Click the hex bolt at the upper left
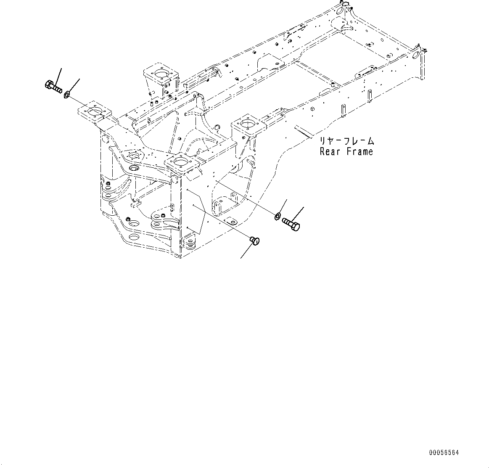coord(53,87)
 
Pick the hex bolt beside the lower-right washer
coord(291,224)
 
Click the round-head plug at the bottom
coord(255,241)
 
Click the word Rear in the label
coord(330,152)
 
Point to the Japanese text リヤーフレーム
coord(347,141)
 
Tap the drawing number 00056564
coord(444,453)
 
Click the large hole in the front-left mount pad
coord(94,111)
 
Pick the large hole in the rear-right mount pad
coord(247,123)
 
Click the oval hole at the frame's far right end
coord(415,56)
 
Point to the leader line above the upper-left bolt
coord(58,75)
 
